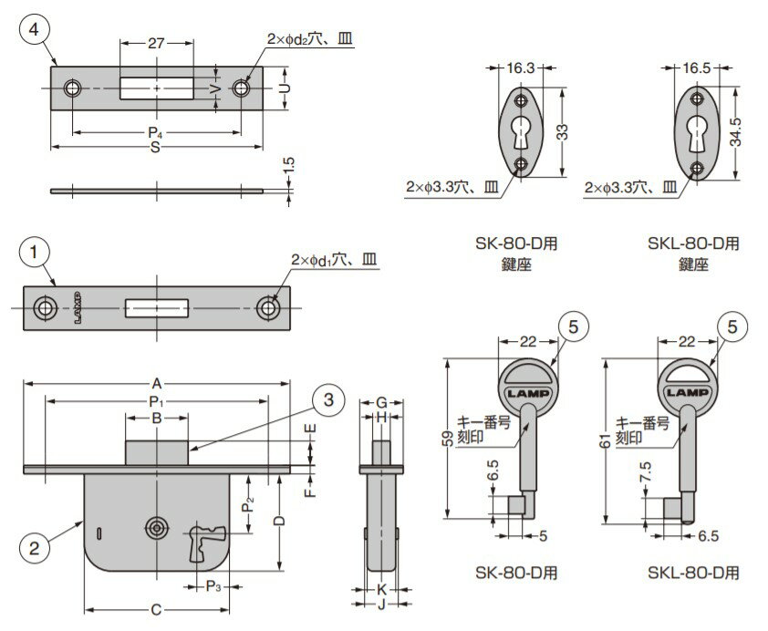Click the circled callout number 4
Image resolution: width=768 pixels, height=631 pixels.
tap(34, 29)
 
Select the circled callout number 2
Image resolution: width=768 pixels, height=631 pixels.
tap(34, 548)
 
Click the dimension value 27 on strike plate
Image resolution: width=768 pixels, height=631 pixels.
tap(155, 41)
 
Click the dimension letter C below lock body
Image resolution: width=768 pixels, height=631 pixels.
tap(156, 609)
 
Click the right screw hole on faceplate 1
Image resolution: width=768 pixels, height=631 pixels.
tap(267, 308)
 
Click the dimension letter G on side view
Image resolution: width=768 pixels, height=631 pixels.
tap(382, 402)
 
